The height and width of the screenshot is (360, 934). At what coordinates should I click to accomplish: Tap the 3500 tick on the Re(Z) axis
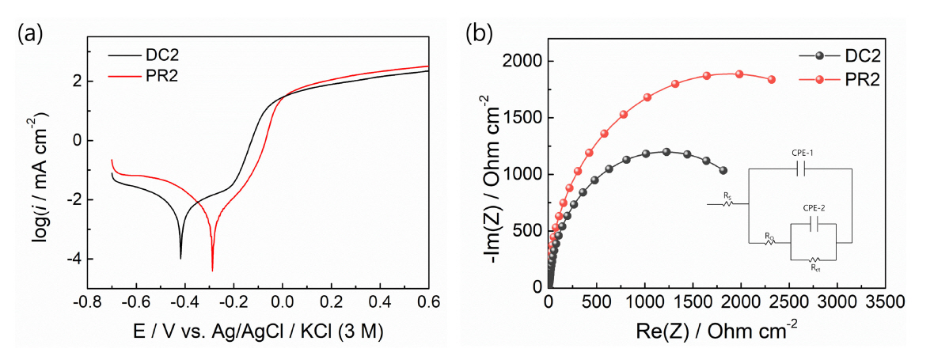pyautogui.click(x=886, y=302)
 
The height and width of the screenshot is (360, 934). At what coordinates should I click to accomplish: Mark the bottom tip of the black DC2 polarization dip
pyautogui.click(x=180, y=258)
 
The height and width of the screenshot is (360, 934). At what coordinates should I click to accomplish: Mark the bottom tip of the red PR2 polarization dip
pyautogui.click(x=212, y=271)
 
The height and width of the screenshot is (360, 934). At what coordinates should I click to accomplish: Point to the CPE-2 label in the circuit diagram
pyautogui.click(x=814, y=208)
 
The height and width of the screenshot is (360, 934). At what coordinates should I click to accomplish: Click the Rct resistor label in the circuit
pyautogui.click(x=815, y=267)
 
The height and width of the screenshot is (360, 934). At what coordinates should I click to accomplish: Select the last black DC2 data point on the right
pyautogui.click(x=723, y=170)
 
